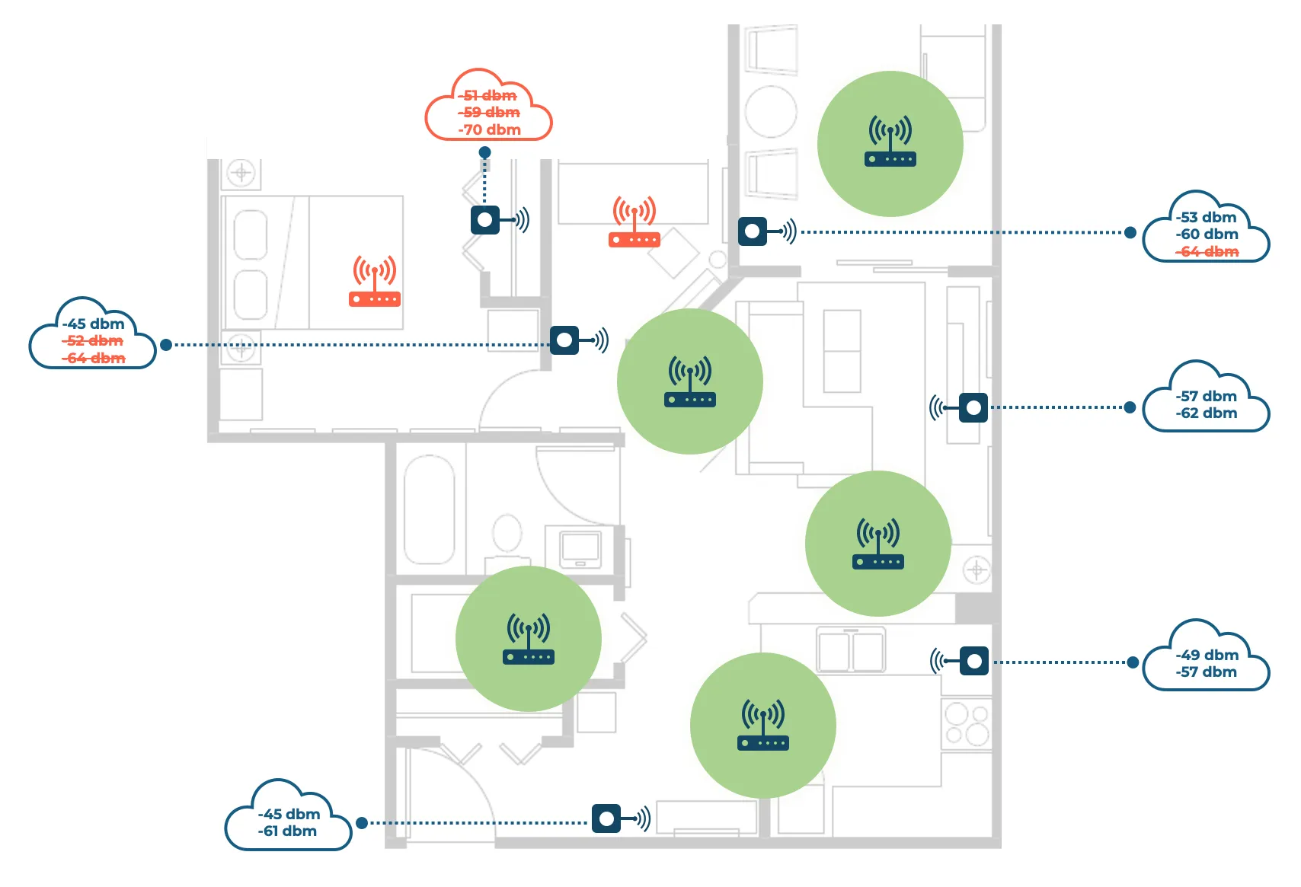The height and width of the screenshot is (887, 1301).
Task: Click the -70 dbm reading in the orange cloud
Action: tap(489, 129)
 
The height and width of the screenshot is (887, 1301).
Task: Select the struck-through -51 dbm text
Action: tap(487, 95)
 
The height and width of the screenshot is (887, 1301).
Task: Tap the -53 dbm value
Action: tap(1207, 217)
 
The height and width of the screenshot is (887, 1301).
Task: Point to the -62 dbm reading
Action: tap(1207, 413)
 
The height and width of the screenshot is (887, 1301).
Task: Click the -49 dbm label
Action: tap(1207, 655)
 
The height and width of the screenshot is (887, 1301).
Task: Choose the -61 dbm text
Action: tap(287, 831)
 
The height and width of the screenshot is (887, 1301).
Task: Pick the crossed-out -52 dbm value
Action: tap(93, 341)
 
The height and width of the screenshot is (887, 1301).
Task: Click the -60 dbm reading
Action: tap(1207, 234)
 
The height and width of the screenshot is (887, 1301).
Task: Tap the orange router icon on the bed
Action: tap(375, 281)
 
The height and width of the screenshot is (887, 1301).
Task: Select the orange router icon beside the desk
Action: tap(635, 222)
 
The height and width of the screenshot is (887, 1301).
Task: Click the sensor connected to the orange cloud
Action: tap(485, 220)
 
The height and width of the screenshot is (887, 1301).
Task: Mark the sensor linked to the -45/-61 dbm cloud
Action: tap(606, 818)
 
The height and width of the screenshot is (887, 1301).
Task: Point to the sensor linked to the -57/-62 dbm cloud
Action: tap(973, 407)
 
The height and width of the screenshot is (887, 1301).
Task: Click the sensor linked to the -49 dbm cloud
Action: tap(974, 661)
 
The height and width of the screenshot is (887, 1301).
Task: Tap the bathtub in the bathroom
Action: tap(429, 509)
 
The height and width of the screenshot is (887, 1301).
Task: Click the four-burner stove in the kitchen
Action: tap(967, 724)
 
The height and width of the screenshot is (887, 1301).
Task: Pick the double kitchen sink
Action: tap(851, 650)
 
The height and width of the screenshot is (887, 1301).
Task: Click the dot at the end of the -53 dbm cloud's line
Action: tap(1130, 233)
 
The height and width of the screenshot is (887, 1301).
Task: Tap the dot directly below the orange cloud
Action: tap(485, 152)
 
